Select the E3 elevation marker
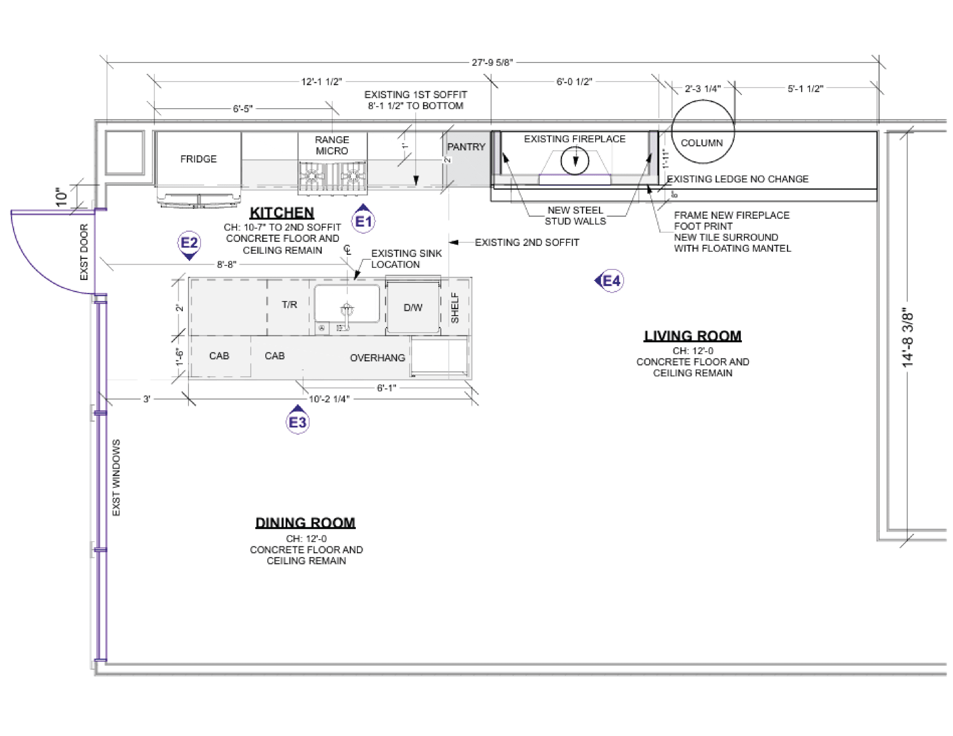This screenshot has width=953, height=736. click(x=297, y=420)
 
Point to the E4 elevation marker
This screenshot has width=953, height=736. click(x=609, y=281)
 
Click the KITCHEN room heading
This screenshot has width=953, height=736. click(x=282, y=213)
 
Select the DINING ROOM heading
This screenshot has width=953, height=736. click(x=306, y=523)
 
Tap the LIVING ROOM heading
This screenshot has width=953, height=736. click(x=693, y=336)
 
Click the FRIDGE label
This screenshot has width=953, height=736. click(x=198, y=159)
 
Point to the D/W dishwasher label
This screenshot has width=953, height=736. click(x=413, y=308)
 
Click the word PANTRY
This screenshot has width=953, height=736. click(x=466, y=147)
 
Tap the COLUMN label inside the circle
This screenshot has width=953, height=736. click(x=702, y=143)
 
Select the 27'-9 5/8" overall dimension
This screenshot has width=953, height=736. click(x=492, y=63)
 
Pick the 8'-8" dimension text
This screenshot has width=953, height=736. click(x=227, y=265)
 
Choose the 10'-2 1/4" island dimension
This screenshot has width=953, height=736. click(x=329, y=399)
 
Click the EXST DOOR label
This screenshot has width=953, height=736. click(x=84, y=252)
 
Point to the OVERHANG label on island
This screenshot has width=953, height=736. click(x=377, y=358)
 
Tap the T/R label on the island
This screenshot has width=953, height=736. click(x=289, y=304)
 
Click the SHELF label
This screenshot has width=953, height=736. click(x=455, y=308)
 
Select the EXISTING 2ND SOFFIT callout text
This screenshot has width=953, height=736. click(x=527, y=243)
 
